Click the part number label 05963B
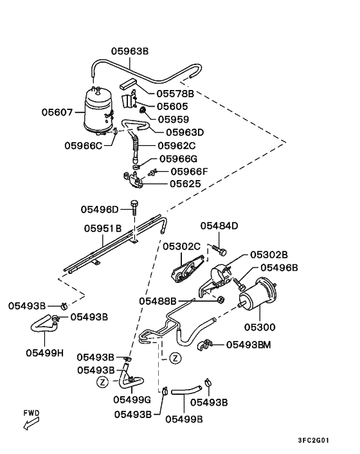[x=130, y=51]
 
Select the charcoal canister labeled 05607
[x=98, y=111]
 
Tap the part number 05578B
[x=175, y=93]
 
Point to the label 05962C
[x=177, y=145]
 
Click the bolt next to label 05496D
[x=134, y=206]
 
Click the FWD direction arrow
[x=31, y=424]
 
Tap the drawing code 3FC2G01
[x=314, y=440]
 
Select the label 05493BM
[x=248, y=345]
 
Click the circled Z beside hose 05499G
[x=102, y=382]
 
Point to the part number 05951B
[x=103, y=228]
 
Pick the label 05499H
[x=44, y=353]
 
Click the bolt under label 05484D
[x=219, y=250]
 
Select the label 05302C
[x=181, y=246]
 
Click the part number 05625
[x=185, y=183]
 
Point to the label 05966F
[x=189, y=172]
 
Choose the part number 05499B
[x=184, y=419]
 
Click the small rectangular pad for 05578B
[x=128, y=84]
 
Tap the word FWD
[x=32, y=413]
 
